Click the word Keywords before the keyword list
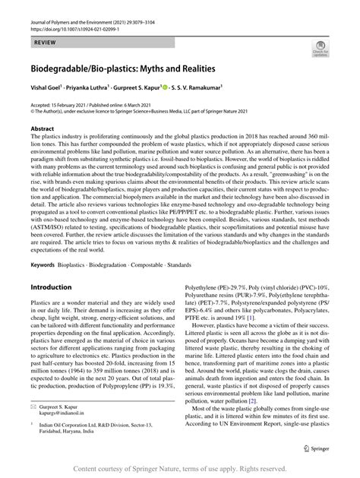[43, 245]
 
